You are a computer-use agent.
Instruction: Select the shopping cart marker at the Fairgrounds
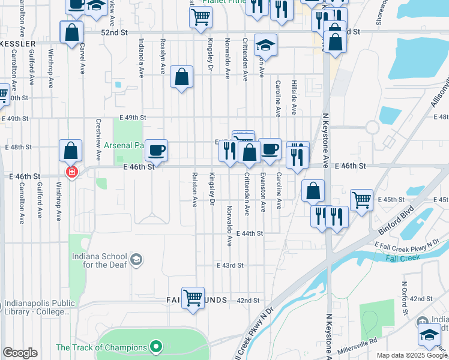point(193,296)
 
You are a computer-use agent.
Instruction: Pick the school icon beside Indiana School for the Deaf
point(136,259)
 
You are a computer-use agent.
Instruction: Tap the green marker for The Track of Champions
point(156,347)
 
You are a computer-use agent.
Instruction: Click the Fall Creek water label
point(400,258)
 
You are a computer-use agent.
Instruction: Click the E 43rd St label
point(230,265)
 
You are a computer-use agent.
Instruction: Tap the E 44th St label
point(250,233)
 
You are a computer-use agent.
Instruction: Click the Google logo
point(20,352)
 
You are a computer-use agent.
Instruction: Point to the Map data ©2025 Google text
point(412,355)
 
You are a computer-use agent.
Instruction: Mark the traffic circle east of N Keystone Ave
point(372,127)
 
